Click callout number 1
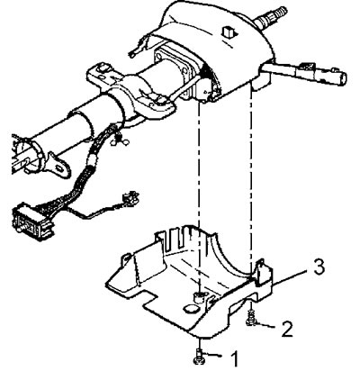(235, 358)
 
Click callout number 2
(286, 329)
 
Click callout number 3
(319, 267)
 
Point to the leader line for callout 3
(291, 276)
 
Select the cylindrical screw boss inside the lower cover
(197, 296)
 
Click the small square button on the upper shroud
(229, 32)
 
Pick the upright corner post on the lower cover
(263, 271)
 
